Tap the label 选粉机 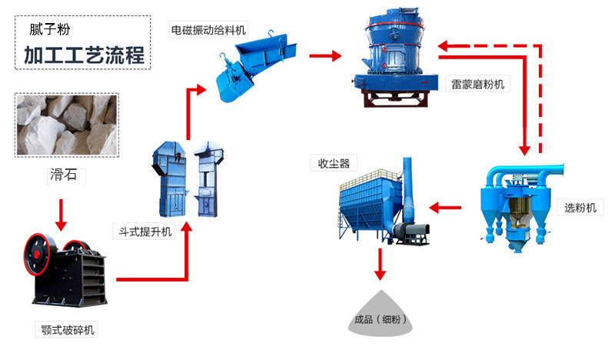580,208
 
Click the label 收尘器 330,163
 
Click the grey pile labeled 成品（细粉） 380,316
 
